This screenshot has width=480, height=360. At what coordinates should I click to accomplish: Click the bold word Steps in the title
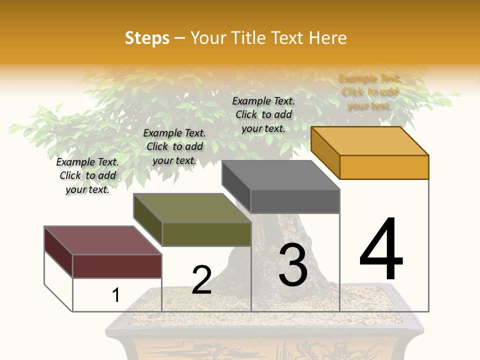point(147,38)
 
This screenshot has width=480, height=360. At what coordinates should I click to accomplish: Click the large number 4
point(381,249)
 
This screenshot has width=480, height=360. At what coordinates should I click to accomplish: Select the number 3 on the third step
point(293,265)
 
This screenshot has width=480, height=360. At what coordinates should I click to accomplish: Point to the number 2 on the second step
point(202,280)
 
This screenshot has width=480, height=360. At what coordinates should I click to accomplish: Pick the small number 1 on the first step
point(116,295)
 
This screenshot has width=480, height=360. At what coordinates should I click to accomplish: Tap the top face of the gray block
point(280,175)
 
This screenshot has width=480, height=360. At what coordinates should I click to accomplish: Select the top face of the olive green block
point(192,208)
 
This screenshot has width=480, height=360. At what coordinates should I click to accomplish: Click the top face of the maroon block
point(103,240)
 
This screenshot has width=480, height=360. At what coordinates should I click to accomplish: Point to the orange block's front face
point(384,167)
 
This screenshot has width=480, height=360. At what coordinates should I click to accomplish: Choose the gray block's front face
point(295,201)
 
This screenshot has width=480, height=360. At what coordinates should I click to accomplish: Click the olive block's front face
point(206,234)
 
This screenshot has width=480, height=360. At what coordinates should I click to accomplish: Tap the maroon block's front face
point(117,266)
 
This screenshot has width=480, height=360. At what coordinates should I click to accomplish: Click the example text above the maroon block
point(87,175)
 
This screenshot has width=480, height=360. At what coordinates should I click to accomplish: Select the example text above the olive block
point(174,146)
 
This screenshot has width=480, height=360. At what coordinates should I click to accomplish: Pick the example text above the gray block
point(263,114)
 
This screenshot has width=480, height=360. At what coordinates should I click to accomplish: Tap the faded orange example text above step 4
point(369,92)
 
